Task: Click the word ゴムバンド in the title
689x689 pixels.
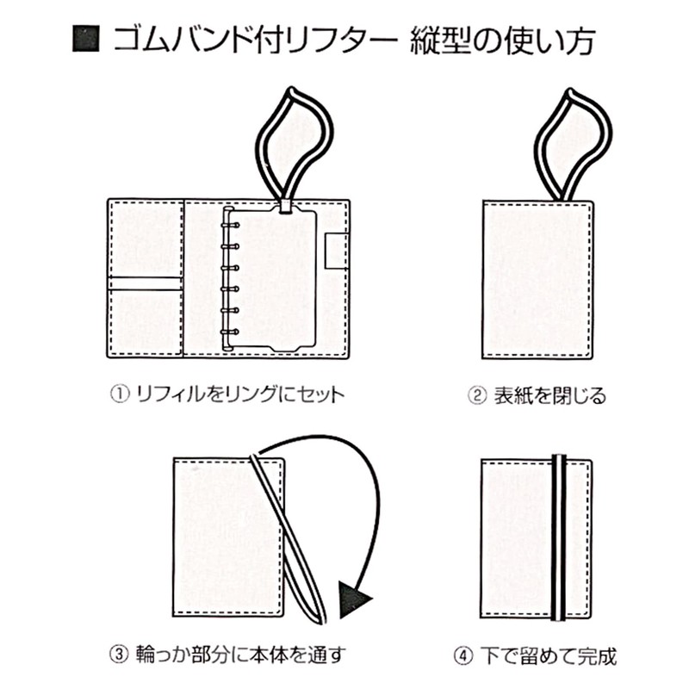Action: coord(177,40)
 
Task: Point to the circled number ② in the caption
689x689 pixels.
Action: coord(477,396)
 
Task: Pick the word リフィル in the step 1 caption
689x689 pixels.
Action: coord(162,395)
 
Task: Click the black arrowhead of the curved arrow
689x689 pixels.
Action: coord(354,599)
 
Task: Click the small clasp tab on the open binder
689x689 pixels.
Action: coord(334,251)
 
